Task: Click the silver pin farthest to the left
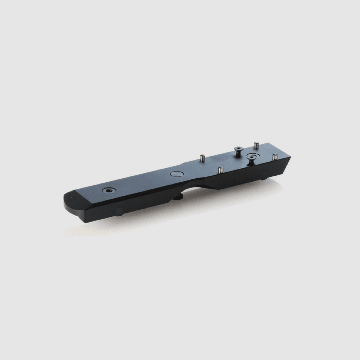(x=202, y=158)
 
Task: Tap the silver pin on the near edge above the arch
(x=221, y=170)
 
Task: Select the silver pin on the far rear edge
(x=257, y=145)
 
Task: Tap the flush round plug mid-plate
(x=176, y=174)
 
